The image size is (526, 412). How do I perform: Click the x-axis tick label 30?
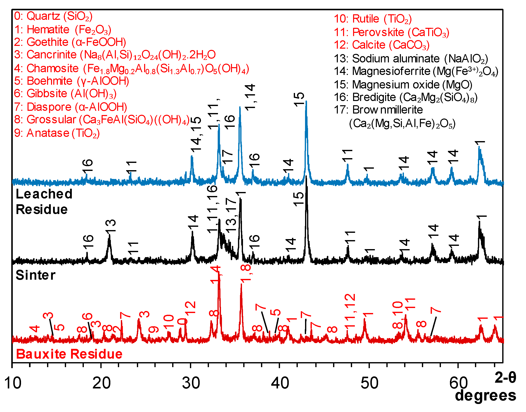191,383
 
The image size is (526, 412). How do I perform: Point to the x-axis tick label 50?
369,383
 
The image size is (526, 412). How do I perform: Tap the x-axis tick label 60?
458,383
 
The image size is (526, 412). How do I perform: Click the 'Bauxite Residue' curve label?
69,354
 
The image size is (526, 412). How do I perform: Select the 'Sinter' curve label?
36,275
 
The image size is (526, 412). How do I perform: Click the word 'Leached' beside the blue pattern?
44,194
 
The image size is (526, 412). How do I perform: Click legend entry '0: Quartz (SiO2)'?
53,16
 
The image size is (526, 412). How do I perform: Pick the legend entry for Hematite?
63,30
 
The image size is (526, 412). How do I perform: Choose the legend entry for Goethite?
70,42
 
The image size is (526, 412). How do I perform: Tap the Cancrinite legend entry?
115,55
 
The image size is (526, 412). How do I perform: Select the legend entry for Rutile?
373,19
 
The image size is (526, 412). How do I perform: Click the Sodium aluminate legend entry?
411,59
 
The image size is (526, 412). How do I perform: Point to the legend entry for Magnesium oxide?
403,85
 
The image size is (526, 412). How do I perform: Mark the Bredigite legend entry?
405,97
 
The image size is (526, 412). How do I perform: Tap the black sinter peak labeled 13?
109,237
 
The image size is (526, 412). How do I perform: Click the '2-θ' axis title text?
505,377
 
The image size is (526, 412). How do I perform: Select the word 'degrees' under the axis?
485,395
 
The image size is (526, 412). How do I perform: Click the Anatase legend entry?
57,133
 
